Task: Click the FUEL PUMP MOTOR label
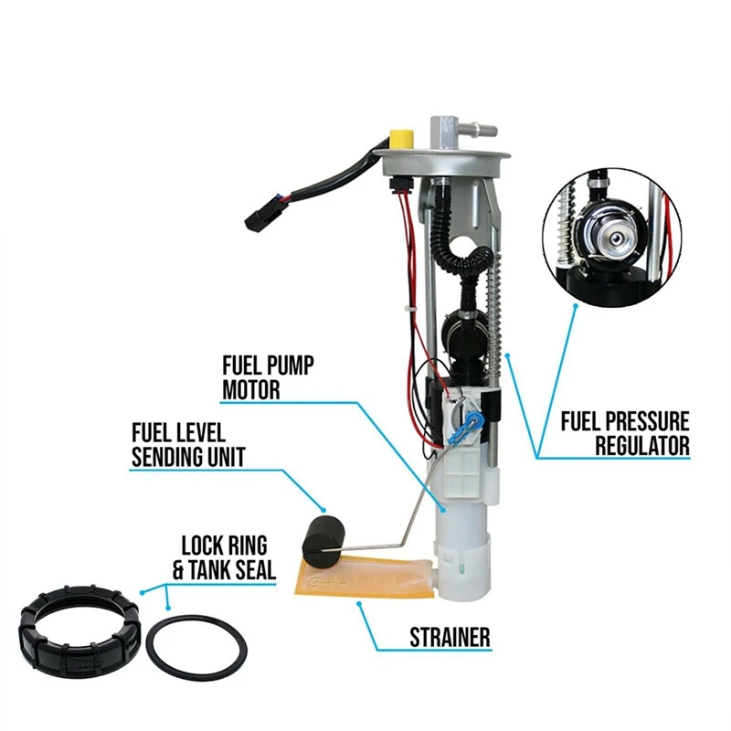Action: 269,378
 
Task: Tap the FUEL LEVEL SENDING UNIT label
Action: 188,444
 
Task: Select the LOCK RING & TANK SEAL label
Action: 224,557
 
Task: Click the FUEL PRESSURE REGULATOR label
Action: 625,433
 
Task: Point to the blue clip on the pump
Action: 472,422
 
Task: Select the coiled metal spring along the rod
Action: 499,311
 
